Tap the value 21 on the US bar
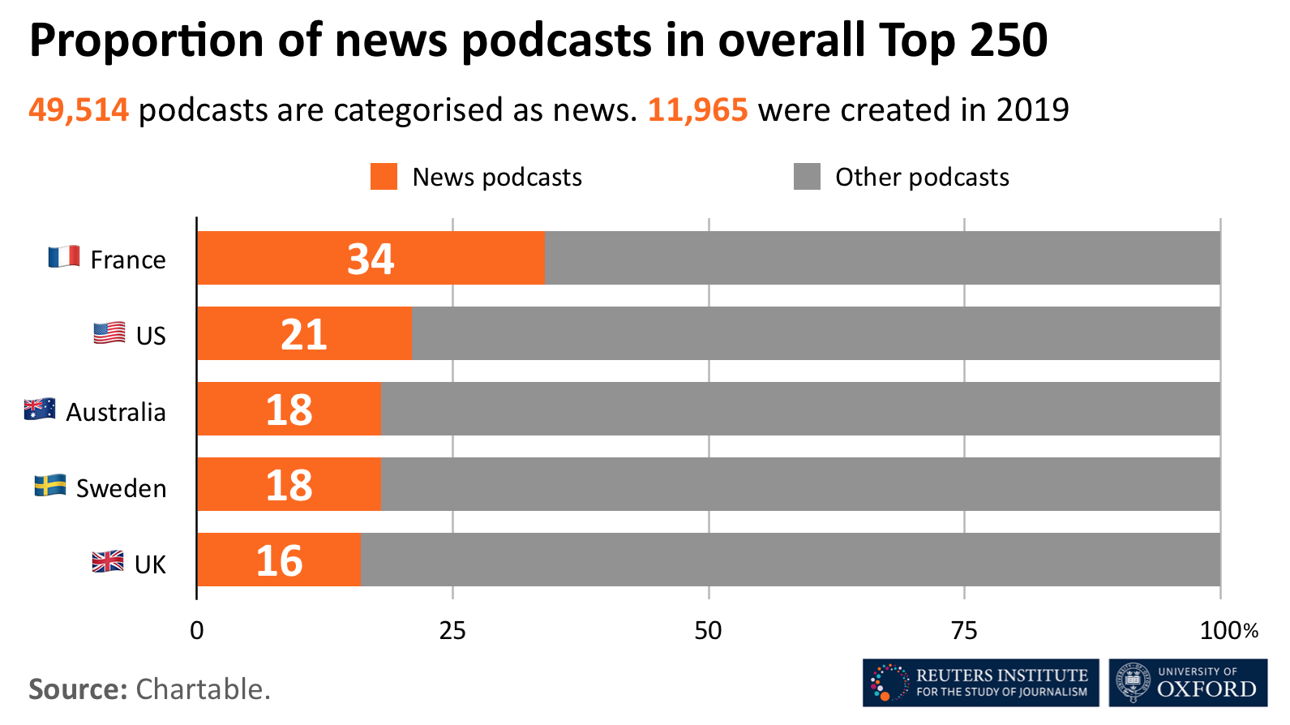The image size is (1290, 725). coord(304,334)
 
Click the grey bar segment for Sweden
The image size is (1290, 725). coord(799,484)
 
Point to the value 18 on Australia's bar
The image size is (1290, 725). coord(289,410)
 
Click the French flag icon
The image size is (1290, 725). coord(64,257)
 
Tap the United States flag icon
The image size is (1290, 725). coord(109,333)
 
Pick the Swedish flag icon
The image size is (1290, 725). coord(50,486)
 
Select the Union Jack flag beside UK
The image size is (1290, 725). coord(108,561)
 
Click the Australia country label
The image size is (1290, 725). coord(116,412)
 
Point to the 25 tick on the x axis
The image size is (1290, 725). coord(452,631)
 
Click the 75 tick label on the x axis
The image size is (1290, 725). coord(964,631)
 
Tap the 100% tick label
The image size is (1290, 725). coord(1228,631)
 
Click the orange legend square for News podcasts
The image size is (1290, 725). coord(384,177)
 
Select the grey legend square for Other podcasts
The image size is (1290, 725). coord(807,177)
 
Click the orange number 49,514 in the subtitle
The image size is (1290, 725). coord(79,110)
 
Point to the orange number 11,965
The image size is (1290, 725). coord(697,110)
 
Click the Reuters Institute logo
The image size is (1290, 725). coord(980,683)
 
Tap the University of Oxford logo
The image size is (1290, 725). coord(1188,683)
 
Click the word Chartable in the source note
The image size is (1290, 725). coord(202,689)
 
